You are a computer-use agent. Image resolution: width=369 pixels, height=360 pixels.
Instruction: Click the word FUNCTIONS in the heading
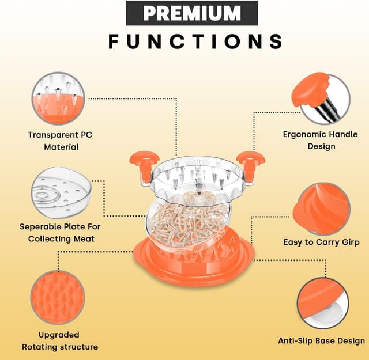pos(195,41)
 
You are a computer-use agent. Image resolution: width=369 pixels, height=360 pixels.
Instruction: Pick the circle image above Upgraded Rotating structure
pos(57,297)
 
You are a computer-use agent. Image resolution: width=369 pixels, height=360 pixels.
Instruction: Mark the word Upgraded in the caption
pos(59,335)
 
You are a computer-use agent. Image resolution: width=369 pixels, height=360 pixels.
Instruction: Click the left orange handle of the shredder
pos(140,161)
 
